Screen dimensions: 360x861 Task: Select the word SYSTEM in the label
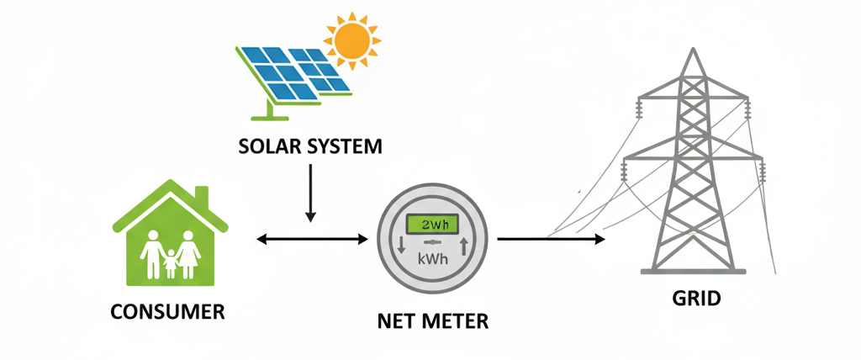pos(344,146)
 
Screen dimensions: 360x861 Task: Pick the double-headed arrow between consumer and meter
pos(312,241)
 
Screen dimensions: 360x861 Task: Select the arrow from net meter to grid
pos(551,240)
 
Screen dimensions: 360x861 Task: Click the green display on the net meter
pos(433,224)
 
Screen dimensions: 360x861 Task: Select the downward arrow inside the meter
pos(401,246)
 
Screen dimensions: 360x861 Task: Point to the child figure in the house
pos(172,262)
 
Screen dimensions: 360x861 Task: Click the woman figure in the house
pos(188,252)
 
